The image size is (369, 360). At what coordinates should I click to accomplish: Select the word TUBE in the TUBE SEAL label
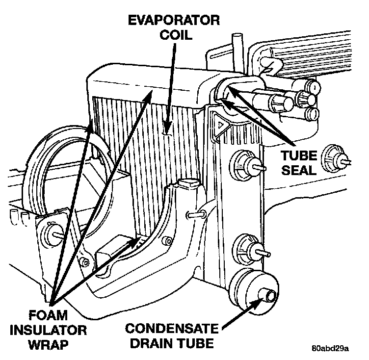coord(296,156)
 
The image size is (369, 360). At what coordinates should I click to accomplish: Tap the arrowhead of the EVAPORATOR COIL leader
coord(168,129)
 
